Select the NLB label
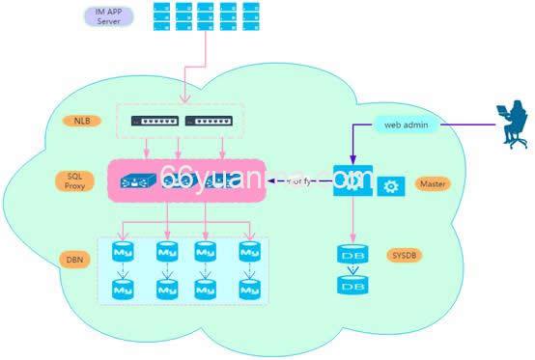tap(81, 122)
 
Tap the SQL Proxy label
tap(74, 183)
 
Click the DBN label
tap(75, 261)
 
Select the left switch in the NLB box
tap(157, 123)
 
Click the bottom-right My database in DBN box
tap(250, 288)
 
